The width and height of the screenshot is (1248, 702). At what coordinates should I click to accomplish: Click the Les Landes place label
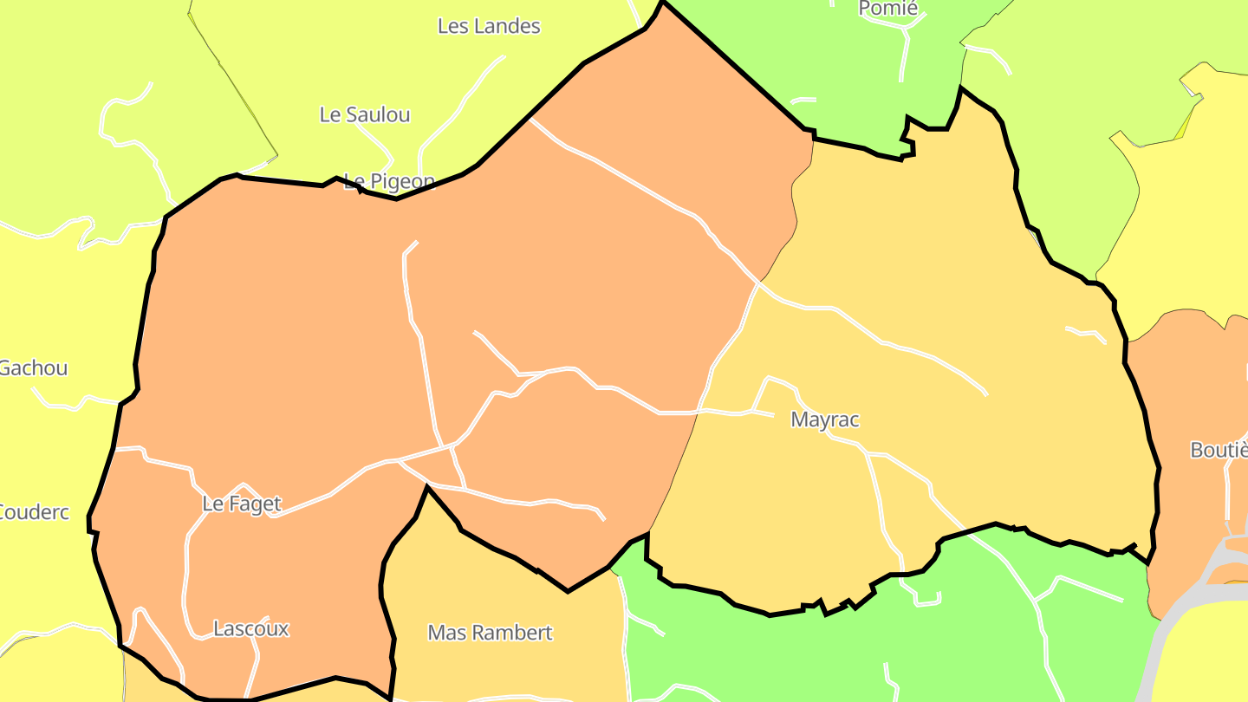489,27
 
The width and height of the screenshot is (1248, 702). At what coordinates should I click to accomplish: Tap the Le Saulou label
365,114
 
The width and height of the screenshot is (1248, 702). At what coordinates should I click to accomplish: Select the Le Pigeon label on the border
389,181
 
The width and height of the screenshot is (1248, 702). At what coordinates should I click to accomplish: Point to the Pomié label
887,10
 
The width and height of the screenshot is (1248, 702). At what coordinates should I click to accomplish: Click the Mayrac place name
825,420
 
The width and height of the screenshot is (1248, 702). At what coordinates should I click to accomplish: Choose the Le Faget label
242,504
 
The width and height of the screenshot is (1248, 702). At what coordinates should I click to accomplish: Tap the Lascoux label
251,629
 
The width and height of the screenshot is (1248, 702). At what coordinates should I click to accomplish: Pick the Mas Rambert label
490,633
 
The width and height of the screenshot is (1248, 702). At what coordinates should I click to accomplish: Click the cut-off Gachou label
33,368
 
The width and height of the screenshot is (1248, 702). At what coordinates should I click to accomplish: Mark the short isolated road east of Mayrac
1086,334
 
